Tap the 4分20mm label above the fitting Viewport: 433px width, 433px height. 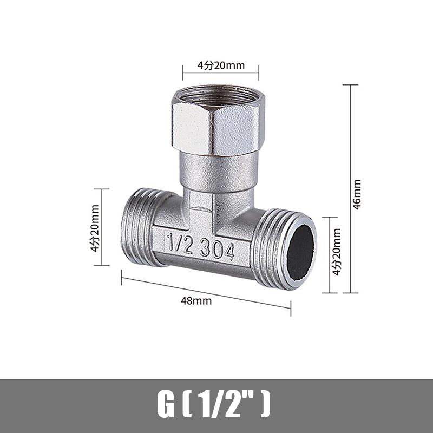pyautogui.click(x=221, y=65)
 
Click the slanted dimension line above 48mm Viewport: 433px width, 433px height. pyautogui.click(x=206, y=293)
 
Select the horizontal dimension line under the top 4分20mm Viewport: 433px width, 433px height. pyautogui.click(x=220, y=73)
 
